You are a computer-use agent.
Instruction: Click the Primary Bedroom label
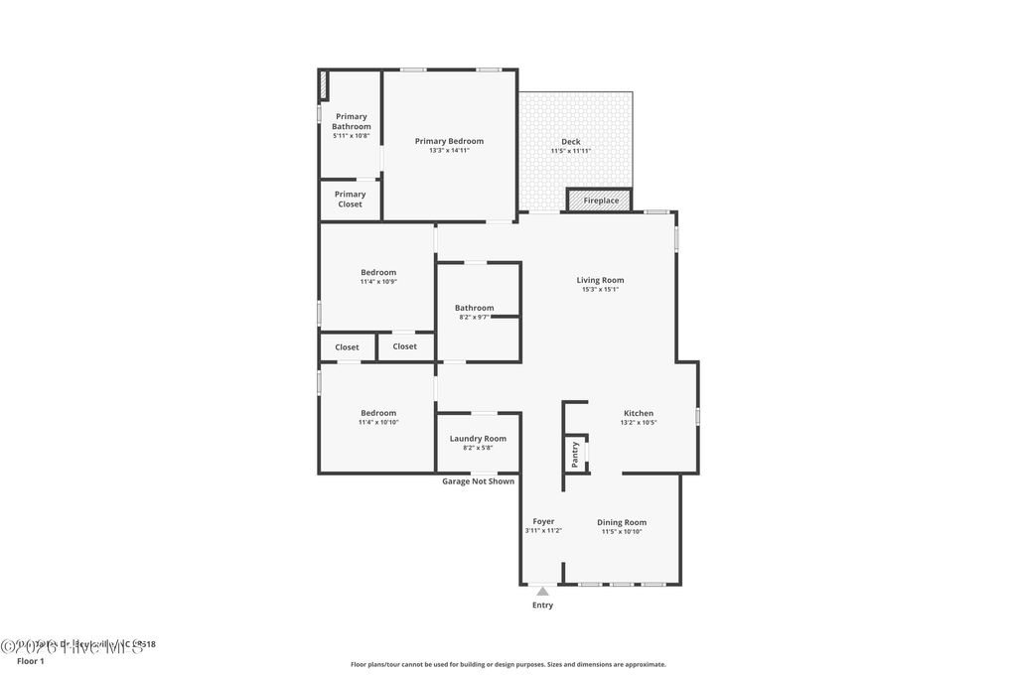tap(449, 141)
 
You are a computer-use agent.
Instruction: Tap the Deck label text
tap(570, 142)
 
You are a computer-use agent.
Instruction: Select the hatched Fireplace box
tap(600, 201)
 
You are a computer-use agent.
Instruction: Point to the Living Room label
tap(600, 280)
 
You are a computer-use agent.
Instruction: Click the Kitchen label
tap(638, 413)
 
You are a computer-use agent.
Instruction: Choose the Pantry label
tap(575, 454)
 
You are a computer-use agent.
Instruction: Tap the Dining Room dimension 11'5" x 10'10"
tap(622, 532)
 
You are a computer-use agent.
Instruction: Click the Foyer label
tap(543, 521)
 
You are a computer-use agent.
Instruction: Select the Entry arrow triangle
tap(542, 592)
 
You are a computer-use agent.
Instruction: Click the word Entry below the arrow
tap(542, 605)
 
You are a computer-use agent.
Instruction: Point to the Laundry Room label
tap(478, 438)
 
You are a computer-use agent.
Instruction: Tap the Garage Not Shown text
tap(478, 481)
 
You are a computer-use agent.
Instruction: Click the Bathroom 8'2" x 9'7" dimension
tap(474, 318)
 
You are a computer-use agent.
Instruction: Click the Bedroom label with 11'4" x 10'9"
tap(378, 272)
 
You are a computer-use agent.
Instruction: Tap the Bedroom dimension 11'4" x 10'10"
tap(378, 423)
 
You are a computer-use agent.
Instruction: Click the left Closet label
tap(347, 347)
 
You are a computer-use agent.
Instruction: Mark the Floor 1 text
tap(31, 661)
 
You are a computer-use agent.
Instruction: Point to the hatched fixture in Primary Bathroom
tap(323, 85)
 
